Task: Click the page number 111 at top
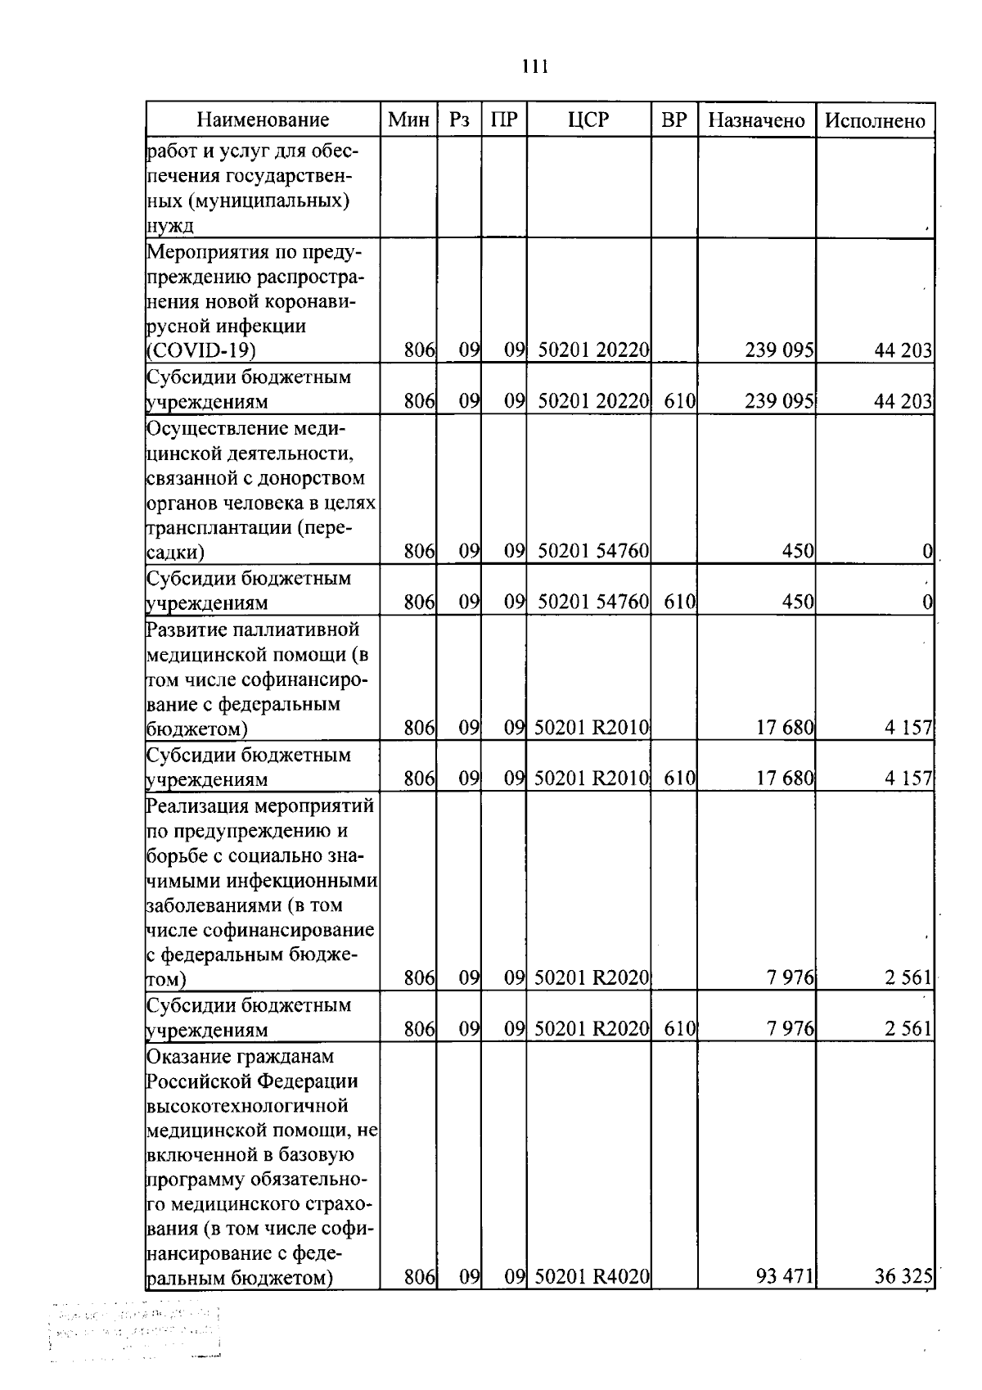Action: [x=534, y=66]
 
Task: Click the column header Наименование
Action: [x=263, y=120]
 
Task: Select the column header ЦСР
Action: [x=588, y=120]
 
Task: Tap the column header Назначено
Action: [x=756, y=120]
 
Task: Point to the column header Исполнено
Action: [x=875, y=120]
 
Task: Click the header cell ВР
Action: [x=673, y=120]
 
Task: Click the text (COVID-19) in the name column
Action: [x=201, y=350]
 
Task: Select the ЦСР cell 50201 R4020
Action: [x=592, y=1276]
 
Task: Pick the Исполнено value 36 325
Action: [x=903, y=1276]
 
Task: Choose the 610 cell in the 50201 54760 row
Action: [x=679, y=602]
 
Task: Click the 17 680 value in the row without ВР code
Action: [x=784, y=728]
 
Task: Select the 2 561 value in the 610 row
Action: [x=908, y=1029]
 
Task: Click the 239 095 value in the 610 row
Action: [x=779, y=401]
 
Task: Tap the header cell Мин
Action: [x=408, y=120]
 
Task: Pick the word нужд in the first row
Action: [x=169, y=227]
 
